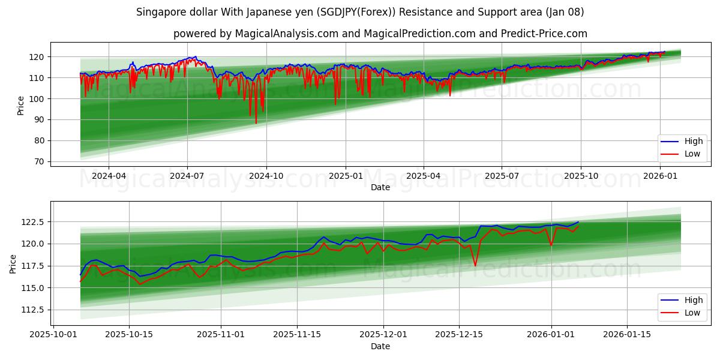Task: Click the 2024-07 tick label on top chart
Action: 187,176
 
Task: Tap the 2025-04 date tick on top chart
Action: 424,176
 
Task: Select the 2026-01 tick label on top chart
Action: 660,176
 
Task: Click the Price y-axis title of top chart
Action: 21,105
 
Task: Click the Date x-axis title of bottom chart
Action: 380,346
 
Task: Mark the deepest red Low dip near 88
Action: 256,123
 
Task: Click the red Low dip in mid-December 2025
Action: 475,265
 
